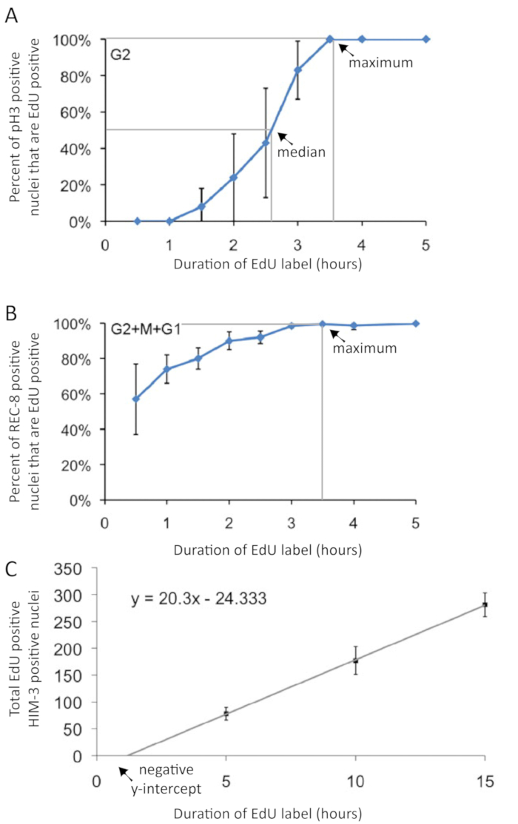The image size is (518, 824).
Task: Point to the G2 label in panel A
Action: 119,55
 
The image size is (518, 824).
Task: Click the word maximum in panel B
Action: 375,347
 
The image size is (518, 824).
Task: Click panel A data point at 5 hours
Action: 426,39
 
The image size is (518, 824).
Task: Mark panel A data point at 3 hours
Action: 298,70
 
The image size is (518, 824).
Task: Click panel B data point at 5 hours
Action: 416,323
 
